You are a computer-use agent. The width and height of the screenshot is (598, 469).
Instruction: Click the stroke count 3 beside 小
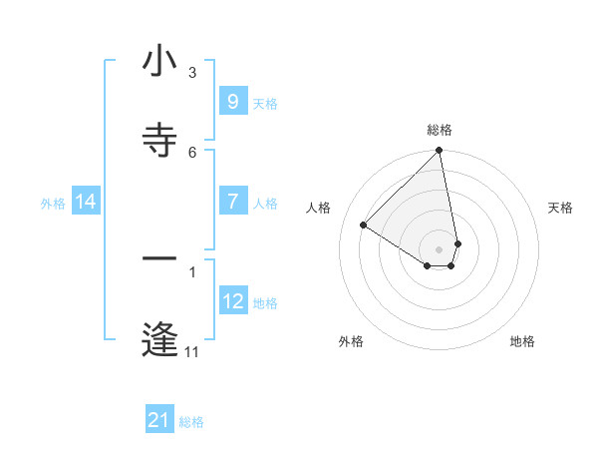[192, 73]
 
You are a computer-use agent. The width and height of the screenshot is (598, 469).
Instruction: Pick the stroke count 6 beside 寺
[192, 152]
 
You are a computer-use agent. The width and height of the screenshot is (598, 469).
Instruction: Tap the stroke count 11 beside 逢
[192, 351]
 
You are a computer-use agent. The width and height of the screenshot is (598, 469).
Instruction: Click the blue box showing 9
[232, 101]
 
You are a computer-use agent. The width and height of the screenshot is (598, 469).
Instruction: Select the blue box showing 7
[232, 202]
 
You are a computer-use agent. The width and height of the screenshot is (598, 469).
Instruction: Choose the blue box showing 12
[232, 300]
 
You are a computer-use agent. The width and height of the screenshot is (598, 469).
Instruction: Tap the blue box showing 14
[86, 202]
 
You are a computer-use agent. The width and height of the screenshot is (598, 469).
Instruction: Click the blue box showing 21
[159, 420]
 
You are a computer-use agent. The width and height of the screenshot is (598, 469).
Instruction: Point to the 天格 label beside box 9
[265, 103]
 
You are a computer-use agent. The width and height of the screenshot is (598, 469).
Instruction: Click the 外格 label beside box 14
[53, 204]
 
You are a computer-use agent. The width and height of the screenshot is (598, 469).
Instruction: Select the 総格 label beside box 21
[192, 422]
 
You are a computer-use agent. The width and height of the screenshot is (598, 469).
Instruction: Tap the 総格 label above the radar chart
[440, 130]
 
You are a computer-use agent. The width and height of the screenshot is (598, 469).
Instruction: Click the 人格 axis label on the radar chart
[318, 208]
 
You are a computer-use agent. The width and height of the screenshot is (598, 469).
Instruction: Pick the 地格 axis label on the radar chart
[522, 341]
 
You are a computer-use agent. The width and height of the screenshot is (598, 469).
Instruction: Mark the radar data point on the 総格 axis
[440, 152]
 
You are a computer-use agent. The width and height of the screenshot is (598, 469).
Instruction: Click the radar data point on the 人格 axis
[364, 225]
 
